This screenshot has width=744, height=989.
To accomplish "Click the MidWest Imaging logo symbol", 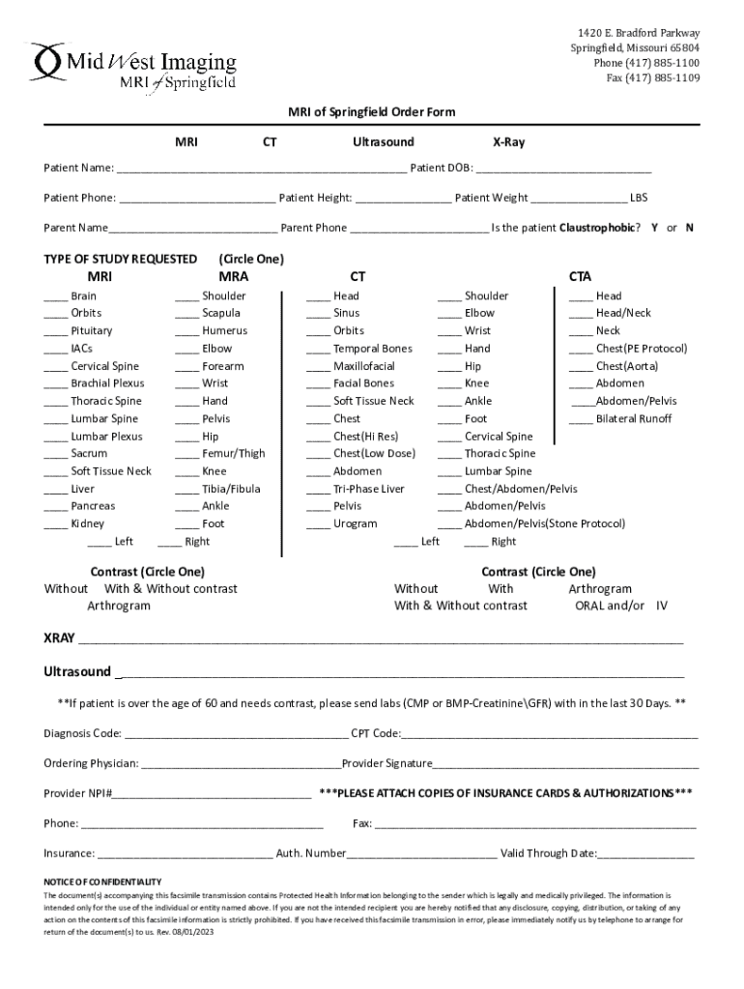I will pyautogui.click(x=48, y=62).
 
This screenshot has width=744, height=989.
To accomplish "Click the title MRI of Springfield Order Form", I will pyautogui.click(x=372, y=113).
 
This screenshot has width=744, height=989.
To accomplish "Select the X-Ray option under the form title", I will pyautogui.click(x=508, y=142).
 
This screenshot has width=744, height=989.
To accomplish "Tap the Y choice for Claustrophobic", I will pyautogui.click(x=655, y=228).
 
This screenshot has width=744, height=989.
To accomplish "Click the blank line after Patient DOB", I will pyautogui.click(x=563, y=170).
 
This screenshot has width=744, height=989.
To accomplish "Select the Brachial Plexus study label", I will pyautogui.click(x=107, y=383).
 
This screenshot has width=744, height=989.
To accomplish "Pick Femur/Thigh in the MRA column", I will pyautogui.click(x=233, y=454).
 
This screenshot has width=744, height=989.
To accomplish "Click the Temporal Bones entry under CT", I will pyautogui.click(x=372, y=349).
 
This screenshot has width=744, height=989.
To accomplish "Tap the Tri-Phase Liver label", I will pyautogui.click(x=368, y=489).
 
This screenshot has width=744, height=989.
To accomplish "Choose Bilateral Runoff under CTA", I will pyautogui.click(x=633, y=419).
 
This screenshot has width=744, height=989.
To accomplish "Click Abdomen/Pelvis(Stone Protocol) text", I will pyautogui.click(x=544, y=524).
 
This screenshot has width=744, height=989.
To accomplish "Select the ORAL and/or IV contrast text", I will pyautogui.click(x=621, y=607).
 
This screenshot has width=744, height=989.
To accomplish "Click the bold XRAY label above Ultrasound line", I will pyautogui.click(x=59, y=638).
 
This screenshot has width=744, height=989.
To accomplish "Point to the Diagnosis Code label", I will pyautogui.click(x=82, y=733).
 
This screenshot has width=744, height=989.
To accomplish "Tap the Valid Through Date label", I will pyautogui.click(x=548, y=854).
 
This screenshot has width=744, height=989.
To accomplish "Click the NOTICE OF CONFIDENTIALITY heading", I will pyautogui.click(x=102, y=882).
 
